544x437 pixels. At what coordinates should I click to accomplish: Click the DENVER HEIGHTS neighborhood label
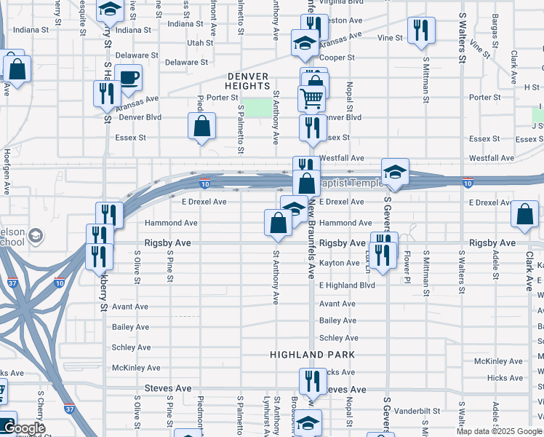point(248,81)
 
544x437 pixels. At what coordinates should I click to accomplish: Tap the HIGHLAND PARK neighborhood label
point(312,355)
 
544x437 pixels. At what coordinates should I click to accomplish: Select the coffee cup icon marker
point(128,79)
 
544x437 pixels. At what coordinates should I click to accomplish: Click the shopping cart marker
point(311,98)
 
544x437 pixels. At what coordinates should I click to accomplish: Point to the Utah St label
point(199,43)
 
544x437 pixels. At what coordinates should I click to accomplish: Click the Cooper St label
point(340,58)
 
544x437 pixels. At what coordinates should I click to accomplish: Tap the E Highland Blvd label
point(347,286)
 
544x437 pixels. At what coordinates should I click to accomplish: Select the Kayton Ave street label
point(339,263)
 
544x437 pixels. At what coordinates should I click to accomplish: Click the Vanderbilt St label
point(415,411)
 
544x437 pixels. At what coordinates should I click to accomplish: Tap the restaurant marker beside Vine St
point(421,31)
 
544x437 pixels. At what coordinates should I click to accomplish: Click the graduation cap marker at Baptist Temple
point(395,173)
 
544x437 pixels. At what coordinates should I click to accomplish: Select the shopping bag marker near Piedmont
point(201,126)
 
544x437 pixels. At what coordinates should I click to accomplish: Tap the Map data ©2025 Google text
point(498,431)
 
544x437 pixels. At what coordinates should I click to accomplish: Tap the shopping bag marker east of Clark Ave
point(524,216)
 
